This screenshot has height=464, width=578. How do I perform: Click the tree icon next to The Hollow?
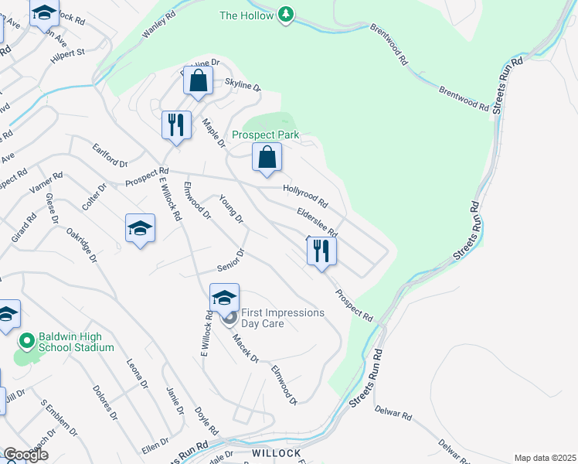tap(287, 15)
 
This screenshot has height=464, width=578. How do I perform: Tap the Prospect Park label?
tap(265, 135)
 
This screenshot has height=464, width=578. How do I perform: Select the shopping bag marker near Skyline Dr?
tap(199, 80)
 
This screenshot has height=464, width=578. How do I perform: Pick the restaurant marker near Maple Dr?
tap(176, 125)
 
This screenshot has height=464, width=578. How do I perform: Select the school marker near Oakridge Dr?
tap(140, 228)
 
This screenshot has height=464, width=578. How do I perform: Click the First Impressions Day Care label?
tap(283, 318)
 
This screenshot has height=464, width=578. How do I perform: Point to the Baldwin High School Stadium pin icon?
tap(26, 340)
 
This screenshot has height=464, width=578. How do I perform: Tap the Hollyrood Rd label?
tap(305, 199)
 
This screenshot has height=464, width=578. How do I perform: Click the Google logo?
tap(25, 455)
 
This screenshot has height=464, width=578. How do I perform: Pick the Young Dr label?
tap(231, 209)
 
